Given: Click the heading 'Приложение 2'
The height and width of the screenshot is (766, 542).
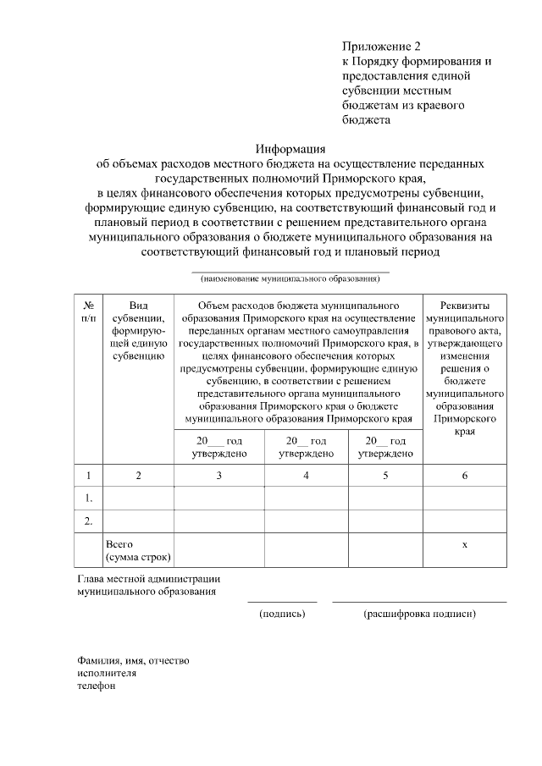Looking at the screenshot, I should (381, 45).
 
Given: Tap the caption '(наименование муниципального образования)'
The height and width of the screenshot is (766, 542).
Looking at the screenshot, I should (290, 278).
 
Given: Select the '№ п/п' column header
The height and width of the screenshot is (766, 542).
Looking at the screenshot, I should (88, 311).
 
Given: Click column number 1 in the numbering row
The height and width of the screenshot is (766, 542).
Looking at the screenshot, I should (88, 476).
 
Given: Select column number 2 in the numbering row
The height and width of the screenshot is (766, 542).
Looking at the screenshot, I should (138, 476).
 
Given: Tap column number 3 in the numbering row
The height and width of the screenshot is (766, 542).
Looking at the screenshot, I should (218, 476).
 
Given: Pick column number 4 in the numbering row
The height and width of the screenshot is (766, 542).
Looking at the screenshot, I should (306, 476).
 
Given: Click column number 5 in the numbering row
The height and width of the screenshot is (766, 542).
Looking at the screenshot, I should (385, 476).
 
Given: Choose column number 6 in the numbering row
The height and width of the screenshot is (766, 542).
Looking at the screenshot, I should (464, 476).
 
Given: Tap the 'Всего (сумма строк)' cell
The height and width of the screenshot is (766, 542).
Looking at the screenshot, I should (137, 551).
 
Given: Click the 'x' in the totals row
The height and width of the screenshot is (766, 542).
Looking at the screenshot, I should (464, 544).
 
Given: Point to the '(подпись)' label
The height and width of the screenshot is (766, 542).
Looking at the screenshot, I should (282, 614).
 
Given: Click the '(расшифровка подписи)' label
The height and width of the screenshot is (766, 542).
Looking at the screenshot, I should (419, 614).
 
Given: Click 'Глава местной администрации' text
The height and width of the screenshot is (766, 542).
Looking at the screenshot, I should (148, 579).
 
